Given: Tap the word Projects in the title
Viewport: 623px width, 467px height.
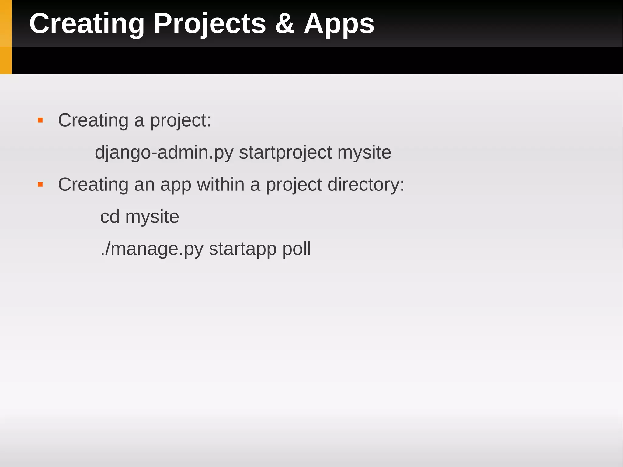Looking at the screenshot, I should pyautogui.click(x=210, y=24).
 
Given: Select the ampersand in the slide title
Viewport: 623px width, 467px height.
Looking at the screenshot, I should pyautogui.click(x=285, y=24).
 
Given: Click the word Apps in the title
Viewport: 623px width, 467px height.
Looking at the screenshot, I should pyautogui.click(x=339, y=24).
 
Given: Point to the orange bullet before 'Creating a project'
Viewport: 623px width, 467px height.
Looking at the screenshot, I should pyautogui.click(x=40, y=120).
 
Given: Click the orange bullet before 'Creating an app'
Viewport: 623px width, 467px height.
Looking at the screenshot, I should pyautogui.click(x=40, y=185).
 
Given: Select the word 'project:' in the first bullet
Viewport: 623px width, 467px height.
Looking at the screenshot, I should pyautogui.click(x=180, y=120).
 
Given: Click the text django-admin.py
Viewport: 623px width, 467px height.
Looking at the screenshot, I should pyautogui.click(x=164, y=153).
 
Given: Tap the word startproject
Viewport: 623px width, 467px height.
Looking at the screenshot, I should pyautogui.click(x=285, y=153).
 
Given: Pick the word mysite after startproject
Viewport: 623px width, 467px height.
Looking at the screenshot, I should pyautogui.click(x=364, y=153).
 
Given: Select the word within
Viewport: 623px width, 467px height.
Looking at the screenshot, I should pyautogui.click(x=221, y=185).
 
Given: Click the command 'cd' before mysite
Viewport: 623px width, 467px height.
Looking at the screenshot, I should pyautogui.click(x=110, y=217).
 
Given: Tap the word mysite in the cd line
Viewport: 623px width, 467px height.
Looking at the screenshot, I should pyautogui.click(x=152, y=217).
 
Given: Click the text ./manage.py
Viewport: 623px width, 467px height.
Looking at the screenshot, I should pyautogui.click(x=152, y=249).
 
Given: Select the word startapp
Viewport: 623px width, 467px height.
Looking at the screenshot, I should pyautogui.click(x=242, y=249).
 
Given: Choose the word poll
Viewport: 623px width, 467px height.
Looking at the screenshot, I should pyautogui.click(x=297, y=249).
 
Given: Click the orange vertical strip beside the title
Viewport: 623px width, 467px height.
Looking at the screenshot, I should pyautogui.click(x=5, y=37).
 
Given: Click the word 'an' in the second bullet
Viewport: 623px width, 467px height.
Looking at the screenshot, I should pyautogui.click(x=144, y=185).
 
